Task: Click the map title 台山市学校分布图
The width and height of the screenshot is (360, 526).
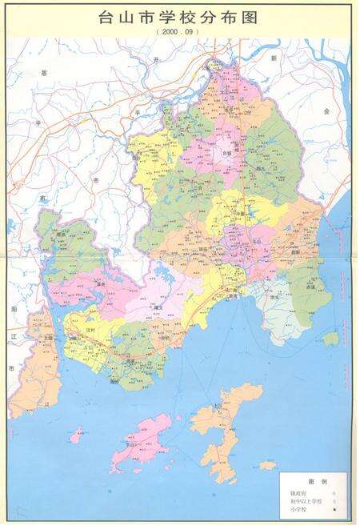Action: [x=180, y=16]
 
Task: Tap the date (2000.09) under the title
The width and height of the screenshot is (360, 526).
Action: [x=180, y=32]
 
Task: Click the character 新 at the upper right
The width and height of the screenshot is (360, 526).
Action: [x=273, y=58]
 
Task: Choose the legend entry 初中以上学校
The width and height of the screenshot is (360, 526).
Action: [x=303, y=501]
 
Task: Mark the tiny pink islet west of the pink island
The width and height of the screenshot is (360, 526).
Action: [x=76, y=436]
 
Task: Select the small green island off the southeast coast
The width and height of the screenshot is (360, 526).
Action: [x=331, y=339]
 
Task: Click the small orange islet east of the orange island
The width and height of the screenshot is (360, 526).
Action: [x=267, y=464]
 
